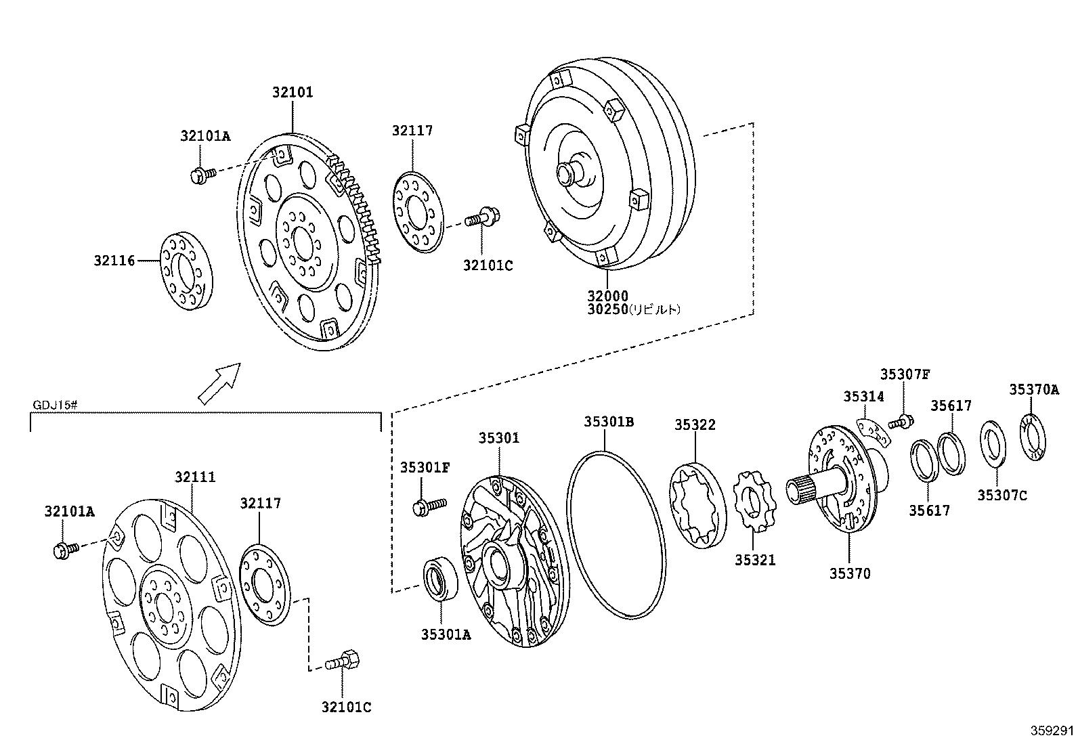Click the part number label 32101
click(x=293, y=92)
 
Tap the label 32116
click(x=114, y=260)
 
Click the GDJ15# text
click(x=56, y=406)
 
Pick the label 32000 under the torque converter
click(x=607, y=296)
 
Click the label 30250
click(x=607, y=309)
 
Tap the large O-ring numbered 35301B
click(x=614, y=533)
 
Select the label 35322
click(x=695, y=424)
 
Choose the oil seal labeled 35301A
click(x=440, y=579)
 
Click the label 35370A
click(x=1033, y=389)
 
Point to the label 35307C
click(x=1001, y=496)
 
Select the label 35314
click(x=863, y=397)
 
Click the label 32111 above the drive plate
click(x=195, y=477)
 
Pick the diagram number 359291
click(x=1052, y=731)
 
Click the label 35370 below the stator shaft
click(x=850, y=573)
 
